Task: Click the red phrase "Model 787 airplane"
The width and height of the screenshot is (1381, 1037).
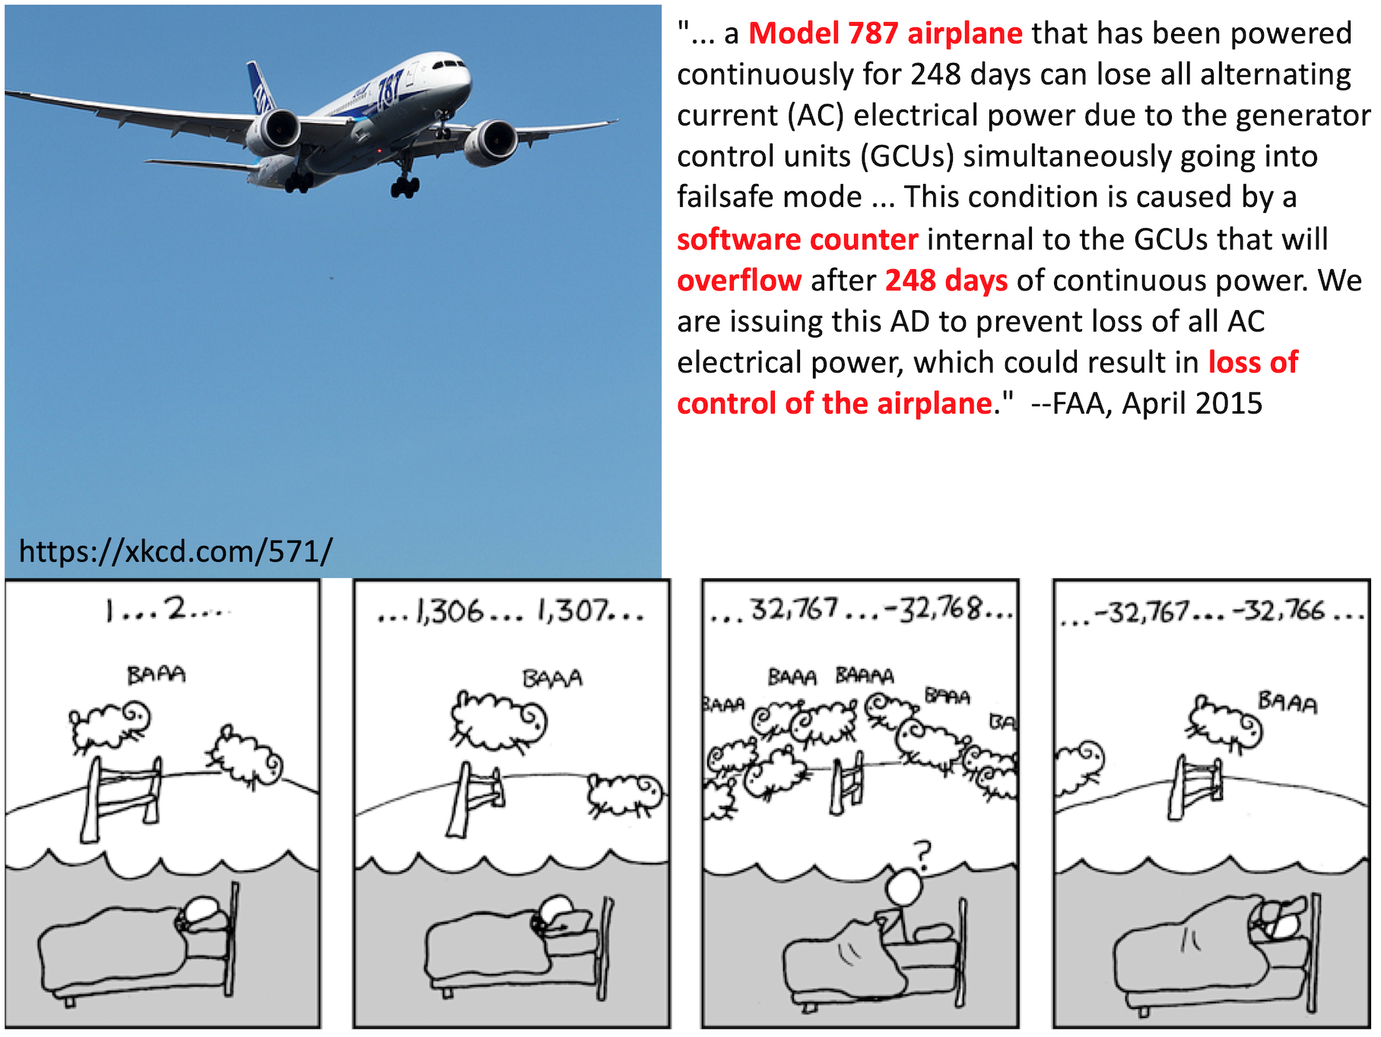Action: pos(885,33)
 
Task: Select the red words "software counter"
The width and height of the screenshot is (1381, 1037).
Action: pos(798,239)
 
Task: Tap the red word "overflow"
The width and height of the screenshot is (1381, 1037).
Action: pos(739,281)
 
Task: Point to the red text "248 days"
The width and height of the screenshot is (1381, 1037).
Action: pos(946,281)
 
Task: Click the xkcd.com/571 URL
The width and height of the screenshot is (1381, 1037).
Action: pos(176,551)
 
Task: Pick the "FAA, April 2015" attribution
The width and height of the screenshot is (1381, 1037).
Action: pos(1157,404)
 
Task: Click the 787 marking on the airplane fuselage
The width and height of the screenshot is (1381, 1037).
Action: pos(389,88)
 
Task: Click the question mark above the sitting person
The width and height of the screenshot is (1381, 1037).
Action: pos(922,855)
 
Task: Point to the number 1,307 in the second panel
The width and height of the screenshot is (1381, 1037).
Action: pos(573,611)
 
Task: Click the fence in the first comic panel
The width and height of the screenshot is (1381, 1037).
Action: pos(122,798)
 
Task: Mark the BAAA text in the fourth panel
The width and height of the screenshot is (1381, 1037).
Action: pos(1287,702)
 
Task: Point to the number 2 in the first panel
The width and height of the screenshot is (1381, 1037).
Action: pos(176,608)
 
